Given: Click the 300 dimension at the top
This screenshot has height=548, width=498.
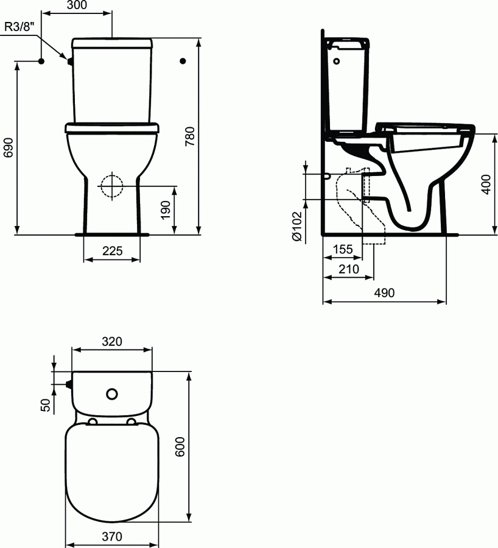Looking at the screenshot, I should [77, 5].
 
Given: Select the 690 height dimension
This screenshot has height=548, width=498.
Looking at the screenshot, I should [8, 147].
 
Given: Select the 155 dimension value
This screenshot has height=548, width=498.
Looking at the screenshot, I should [343, 249].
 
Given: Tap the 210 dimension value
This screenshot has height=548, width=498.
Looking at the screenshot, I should [348, 269].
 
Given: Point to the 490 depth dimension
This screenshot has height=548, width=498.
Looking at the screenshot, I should [384, 293].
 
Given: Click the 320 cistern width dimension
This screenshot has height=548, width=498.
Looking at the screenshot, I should [112, 342].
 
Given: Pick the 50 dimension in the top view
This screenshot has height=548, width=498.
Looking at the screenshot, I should [45, 406].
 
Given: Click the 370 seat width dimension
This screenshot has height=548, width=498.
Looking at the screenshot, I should [112, 536].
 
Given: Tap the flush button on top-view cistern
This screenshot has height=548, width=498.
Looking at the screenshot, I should [112, 394].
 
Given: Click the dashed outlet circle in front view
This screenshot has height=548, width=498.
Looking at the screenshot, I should [111, 186].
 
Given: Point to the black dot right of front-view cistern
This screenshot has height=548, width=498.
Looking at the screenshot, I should [183, 61].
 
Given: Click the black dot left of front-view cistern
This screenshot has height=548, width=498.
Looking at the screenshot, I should [41, 61].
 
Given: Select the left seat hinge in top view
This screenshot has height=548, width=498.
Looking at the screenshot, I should [93, 422].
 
